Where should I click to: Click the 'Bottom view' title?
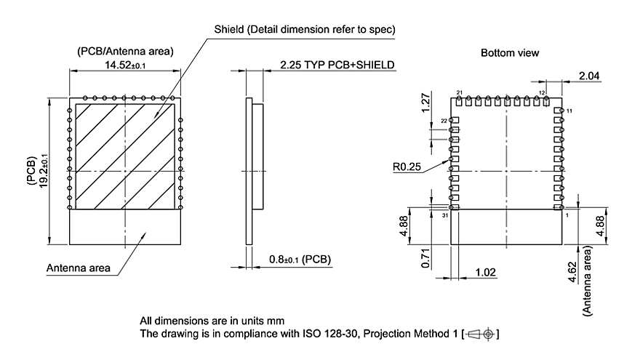coord(510,53)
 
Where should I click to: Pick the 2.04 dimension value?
coord(590,75)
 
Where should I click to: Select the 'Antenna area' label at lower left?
coord(79,268)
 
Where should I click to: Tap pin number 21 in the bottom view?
coord(459,92)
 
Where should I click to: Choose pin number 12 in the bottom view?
coord(543,93)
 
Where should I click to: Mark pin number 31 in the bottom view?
coord(445,216)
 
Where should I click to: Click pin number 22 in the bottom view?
coord(444,121)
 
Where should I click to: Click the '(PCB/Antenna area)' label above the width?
coord(124,51)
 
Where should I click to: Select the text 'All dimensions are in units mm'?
coord(212,321)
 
